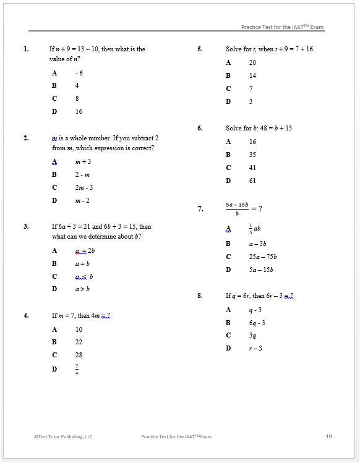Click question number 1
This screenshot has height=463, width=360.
(x=26, y=49)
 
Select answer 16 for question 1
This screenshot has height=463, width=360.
(x=79, y=111)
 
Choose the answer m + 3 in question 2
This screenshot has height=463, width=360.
(x=83, y=161)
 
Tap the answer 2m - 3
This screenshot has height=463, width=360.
(x=84, y=187)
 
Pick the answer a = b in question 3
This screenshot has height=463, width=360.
(x=83, y=263)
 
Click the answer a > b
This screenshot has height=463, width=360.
(x=83, y=289)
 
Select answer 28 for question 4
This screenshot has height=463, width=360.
(x=79, y=355)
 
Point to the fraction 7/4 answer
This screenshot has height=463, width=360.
(x=77, y=369)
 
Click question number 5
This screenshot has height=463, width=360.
(x=200, y=49)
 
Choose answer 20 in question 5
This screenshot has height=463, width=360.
(x=252, y=62)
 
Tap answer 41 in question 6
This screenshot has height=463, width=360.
(x=252, y=168)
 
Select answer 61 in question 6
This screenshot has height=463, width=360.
(x=252, y=181)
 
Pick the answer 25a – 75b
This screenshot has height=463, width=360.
(x=263, y=257)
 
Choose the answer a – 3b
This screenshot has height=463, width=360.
(x=258, y=244)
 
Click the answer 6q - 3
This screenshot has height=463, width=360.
(x=257, y=323)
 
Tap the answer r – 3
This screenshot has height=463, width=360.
(x=255, y=348)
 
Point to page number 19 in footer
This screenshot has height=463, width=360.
(x=328, y=436)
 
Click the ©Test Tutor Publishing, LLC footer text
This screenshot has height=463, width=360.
(x=62, y=436)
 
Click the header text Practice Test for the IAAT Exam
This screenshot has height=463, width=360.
(x=282, y=27)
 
